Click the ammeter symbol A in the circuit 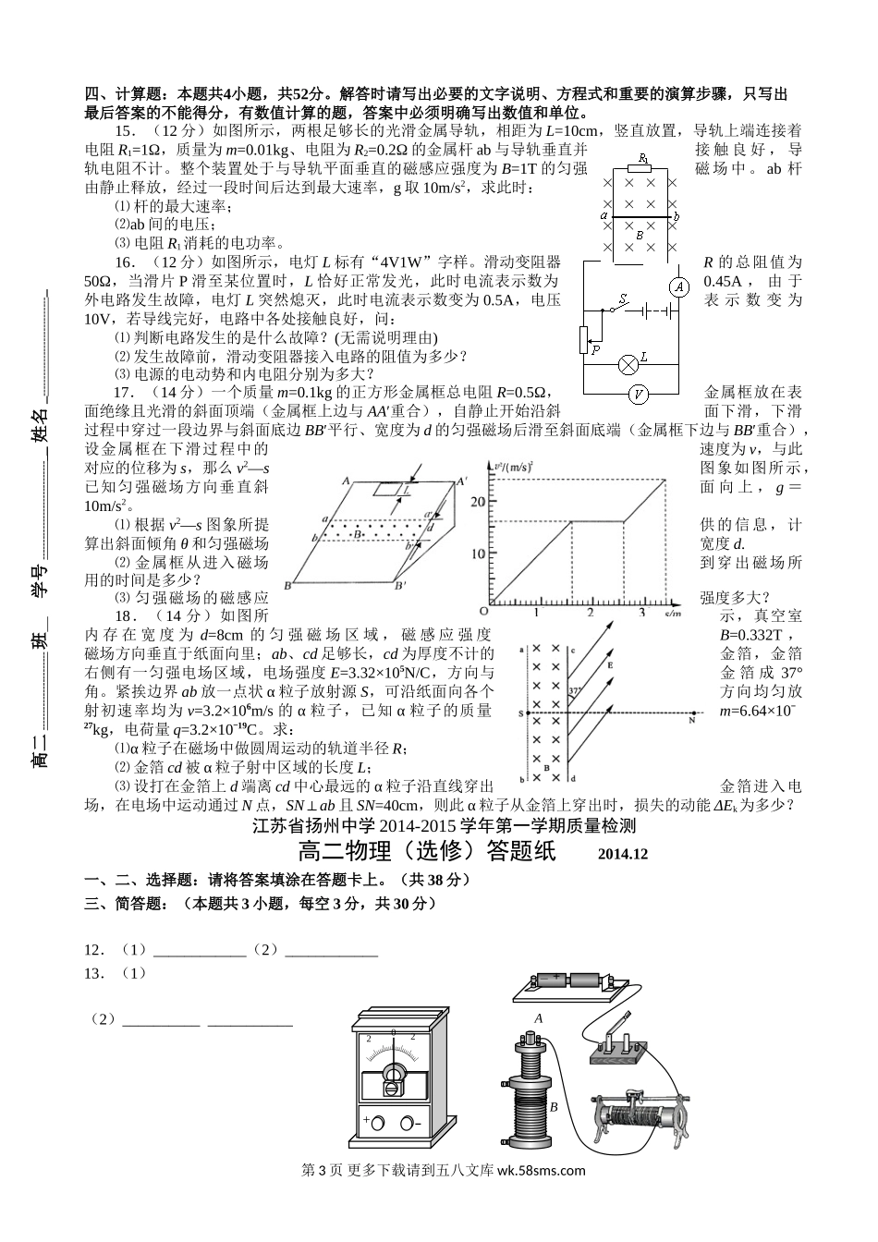[x=678, y=286]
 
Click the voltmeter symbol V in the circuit [x=637, y=394]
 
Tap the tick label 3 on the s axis [x=641, y=612]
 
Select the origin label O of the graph [x=483, y=612]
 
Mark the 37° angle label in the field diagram [x=575, y=690]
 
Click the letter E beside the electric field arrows [x=610, y=664]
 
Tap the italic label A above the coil [x=538, y=1017]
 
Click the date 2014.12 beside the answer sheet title [x=623, y=854]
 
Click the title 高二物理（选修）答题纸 [x=427, y=851]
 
